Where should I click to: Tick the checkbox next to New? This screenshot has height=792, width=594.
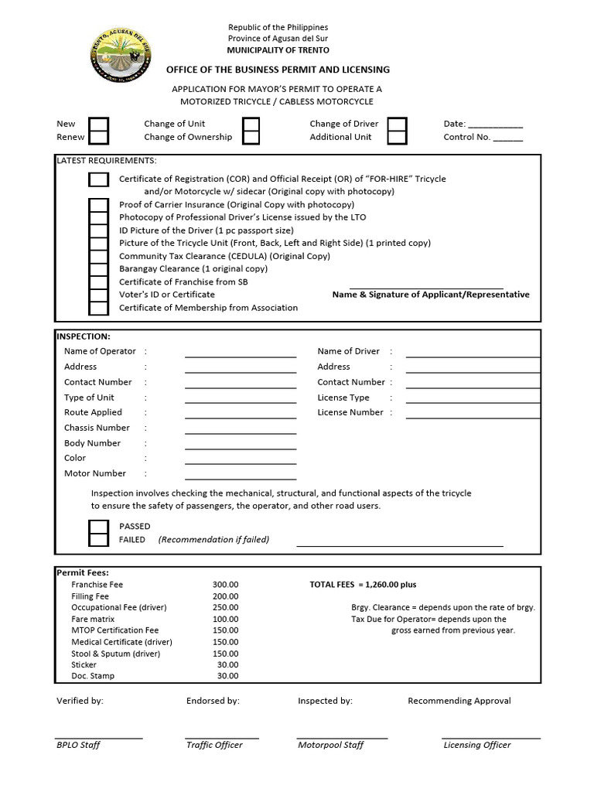99,125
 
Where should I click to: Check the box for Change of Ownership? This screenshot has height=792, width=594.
251,138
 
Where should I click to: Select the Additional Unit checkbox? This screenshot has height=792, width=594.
397,138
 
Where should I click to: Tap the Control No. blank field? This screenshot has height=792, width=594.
507,138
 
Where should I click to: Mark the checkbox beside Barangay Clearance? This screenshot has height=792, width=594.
99,269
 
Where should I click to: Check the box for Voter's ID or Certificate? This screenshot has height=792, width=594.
99,295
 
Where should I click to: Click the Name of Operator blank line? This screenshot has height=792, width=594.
241,353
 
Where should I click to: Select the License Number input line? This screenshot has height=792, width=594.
473,415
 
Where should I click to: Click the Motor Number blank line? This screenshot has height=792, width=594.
241,476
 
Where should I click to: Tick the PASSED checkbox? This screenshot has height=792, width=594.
99,527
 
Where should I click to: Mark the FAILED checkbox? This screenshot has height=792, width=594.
99,540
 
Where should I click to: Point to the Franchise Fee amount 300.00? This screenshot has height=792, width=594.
226,585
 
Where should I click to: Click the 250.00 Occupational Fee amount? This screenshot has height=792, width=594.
226,608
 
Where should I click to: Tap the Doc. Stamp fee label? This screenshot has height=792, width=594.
93,676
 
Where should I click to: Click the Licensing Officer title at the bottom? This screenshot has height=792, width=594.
477,746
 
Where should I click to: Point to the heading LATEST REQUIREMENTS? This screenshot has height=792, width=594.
106,161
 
